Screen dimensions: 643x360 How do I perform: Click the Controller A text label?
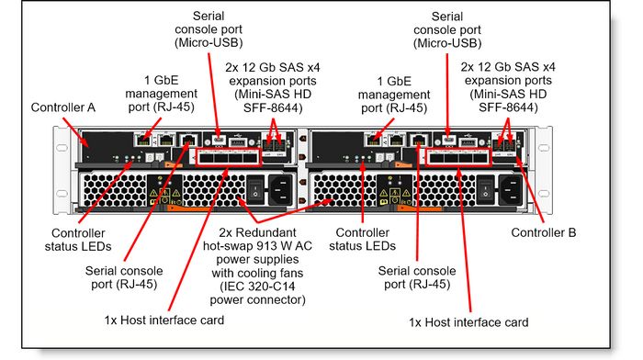62,107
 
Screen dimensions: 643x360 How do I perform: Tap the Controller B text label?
544,232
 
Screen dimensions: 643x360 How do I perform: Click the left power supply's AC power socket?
280,190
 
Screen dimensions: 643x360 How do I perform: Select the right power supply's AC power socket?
511,190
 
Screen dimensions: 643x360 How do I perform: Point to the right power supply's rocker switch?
485,190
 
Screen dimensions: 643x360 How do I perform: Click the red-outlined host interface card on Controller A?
228,157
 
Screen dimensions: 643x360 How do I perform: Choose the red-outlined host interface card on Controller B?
458,157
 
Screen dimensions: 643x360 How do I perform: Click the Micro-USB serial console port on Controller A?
219,141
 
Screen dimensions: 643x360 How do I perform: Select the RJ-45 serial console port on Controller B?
419,140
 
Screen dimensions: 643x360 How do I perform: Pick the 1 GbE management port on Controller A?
142,140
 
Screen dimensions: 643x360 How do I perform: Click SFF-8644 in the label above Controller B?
508,107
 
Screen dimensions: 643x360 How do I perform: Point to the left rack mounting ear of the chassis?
62,170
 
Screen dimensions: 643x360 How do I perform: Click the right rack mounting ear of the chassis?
544,170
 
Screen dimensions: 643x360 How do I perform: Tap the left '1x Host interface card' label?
164,320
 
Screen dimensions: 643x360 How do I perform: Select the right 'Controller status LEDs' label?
362,239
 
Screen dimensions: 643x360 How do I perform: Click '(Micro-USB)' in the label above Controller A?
209,42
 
